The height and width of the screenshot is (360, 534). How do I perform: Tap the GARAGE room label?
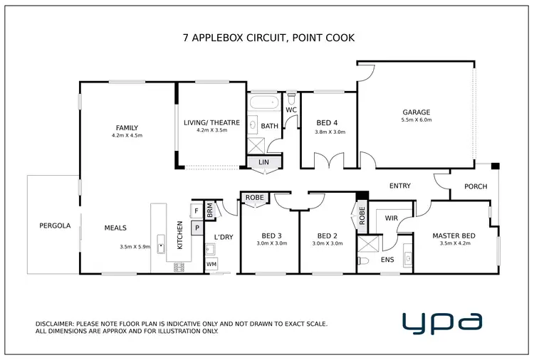[417, 112]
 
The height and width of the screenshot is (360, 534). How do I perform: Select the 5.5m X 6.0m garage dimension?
[417, 120]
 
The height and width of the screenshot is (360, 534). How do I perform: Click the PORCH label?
[476, 187]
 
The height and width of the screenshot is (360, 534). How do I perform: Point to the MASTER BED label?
[454, 235]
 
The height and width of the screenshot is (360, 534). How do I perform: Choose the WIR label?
[390, 218]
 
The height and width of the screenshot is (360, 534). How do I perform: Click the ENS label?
[387, 260]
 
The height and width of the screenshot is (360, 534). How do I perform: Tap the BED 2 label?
[328, 235]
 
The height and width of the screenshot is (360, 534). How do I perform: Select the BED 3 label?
[271, 235]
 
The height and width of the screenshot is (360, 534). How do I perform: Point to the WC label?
[290, 110]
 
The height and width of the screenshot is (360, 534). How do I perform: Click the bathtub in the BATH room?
[264, 103]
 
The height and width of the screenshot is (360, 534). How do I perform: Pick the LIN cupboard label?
[263, 162]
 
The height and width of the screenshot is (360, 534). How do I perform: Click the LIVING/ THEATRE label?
[211, 123]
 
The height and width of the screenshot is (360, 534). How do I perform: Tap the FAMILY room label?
[127, 128]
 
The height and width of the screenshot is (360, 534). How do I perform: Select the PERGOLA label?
[55, 226]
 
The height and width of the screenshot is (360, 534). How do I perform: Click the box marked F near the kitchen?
[196, 211]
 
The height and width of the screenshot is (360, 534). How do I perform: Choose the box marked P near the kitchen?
[196, 230]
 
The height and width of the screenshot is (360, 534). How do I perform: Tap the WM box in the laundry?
[211, 265]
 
